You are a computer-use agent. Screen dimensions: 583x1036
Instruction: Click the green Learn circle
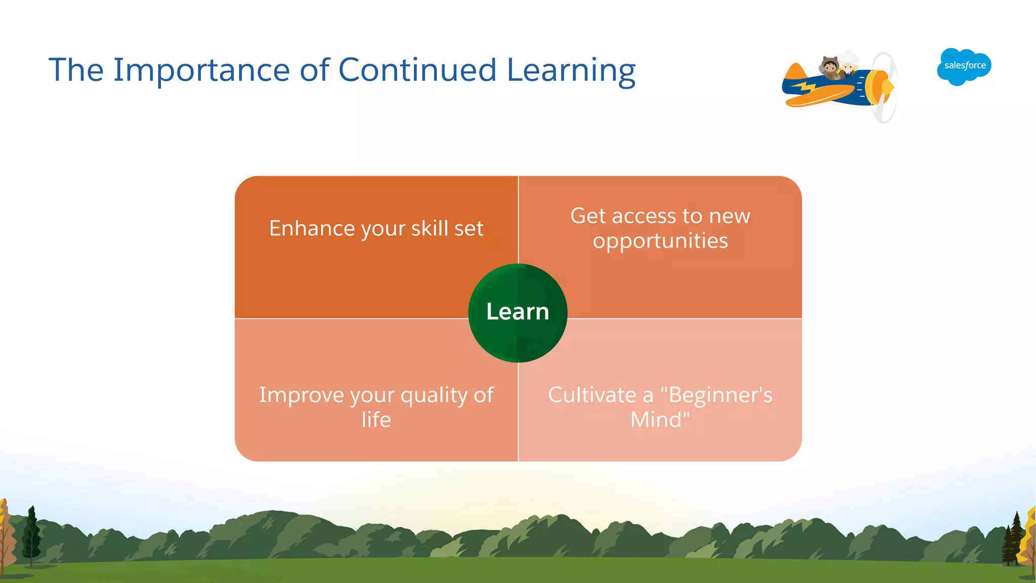pyautogui.click(x=517, y=312)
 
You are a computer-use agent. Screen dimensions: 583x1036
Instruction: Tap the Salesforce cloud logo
pyautogui.click(x=964, y=66)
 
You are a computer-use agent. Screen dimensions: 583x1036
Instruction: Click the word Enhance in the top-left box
pyautogui.click(x=312, y=228)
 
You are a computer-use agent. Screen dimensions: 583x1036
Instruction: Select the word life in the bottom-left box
pyautogui.click(x=376, y=420)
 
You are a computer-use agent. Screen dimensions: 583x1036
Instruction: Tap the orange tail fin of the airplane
pyautogui.click(x=796, y=72)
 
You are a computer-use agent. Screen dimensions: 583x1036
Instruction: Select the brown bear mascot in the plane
pyautogui.click(x=830, y=67)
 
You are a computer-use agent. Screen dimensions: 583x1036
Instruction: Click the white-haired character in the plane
pyautogui.click(x=848, y=63)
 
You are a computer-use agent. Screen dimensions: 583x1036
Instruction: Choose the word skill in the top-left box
pyautogui.click(x=429, y=228)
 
